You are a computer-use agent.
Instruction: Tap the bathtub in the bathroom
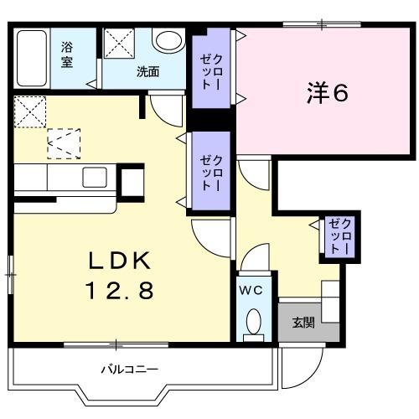point(32,58)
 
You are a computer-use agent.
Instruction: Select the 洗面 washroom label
point(148,72)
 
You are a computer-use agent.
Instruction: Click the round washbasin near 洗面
point(168,41)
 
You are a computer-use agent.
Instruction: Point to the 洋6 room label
point(328,93)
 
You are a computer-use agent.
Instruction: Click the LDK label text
point(120,261)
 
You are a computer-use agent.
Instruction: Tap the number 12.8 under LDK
point(120,290)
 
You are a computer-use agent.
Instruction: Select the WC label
point(251,291)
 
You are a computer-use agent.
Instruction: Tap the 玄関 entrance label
point(303,323)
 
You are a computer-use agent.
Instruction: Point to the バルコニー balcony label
point(130,370)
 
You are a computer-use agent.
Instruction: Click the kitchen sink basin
point(95,177)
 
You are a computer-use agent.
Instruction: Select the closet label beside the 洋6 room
point(211,72)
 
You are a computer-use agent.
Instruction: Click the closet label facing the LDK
point(211,173)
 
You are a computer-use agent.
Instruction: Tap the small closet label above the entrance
point(339,236)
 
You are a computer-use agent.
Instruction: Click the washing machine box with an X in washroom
point(119,44)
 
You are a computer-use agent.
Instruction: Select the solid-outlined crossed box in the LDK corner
point(30,111)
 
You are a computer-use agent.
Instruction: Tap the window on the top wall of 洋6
point(322,24)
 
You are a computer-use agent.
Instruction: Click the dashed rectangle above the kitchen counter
point(64,144)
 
